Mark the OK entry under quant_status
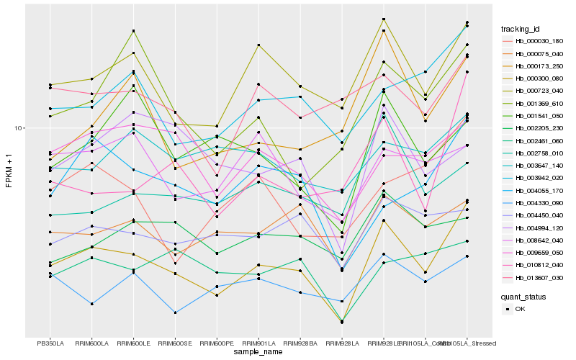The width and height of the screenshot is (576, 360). (x=520, y=308)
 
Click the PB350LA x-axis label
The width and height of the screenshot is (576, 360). (x=50, y=343)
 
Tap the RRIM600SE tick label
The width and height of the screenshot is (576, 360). (x=175, y=343)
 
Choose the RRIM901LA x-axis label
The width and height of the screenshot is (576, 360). (x=258, y=343)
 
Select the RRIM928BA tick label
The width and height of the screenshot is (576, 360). (x=300, y=343)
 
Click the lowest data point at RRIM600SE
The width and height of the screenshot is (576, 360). (x=175, y=312)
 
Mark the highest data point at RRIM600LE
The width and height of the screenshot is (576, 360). (x=133, y=31)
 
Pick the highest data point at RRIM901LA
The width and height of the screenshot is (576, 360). (x=258, y=45)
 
